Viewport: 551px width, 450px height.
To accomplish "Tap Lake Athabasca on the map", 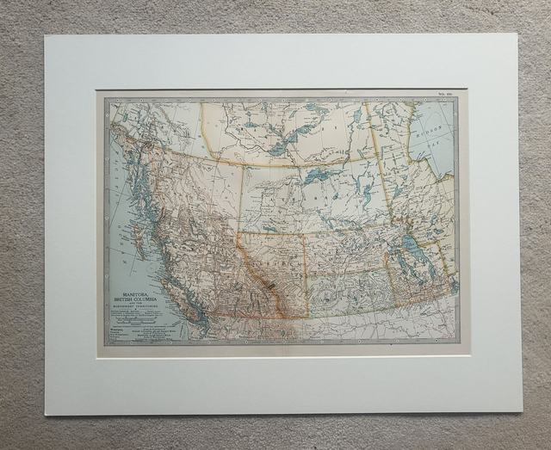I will (319, 176).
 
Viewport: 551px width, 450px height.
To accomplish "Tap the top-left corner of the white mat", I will (46, 36).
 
